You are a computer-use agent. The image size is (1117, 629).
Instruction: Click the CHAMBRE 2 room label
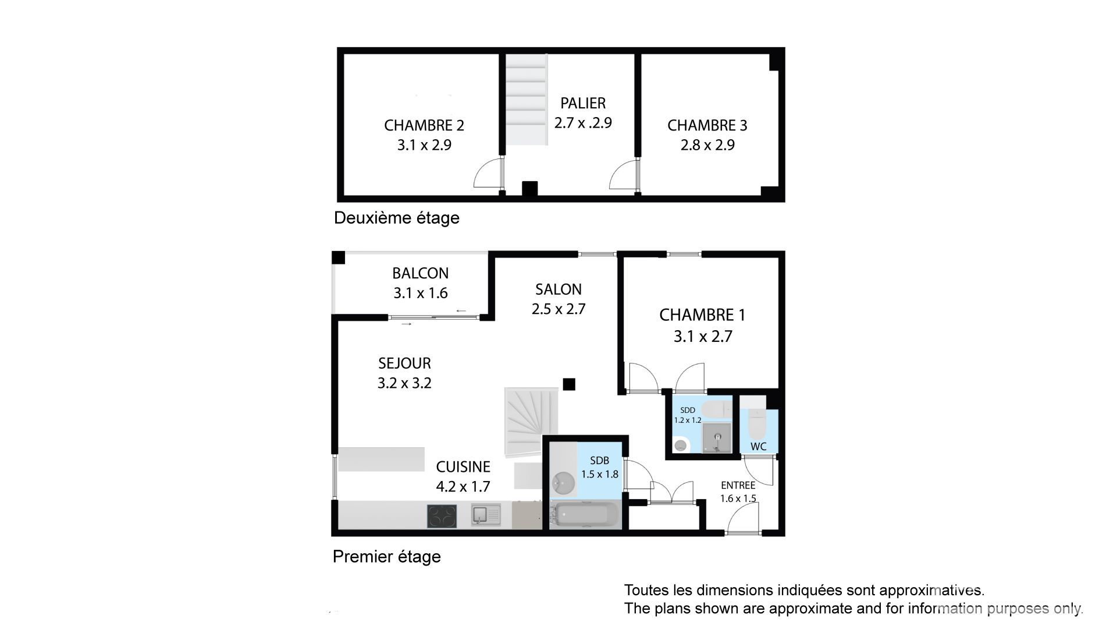(424, 125)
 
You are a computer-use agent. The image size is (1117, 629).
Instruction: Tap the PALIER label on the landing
(583, 103)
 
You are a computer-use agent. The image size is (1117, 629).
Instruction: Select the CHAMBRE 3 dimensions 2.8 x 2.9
(707, 145)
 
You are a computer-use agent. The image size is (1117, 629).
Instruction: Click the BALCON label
(420, 273)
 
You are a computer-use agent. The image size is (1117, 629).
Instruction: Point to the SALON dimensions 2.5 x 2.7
(558, 309)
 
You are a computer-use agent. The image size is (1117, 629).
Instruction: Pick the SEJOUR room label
(404, 363)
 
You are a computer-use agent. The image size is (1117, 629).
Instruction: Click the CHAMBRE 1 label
(702, 315)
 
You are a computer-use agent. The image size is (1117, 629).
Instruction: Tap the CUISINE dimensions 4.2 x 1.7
(463, 486)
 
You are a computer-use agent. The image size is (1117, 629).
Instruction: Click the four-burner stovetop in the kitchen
(442, 516)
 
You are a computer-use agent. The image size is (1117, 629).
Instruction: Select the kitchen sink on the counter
(486, 515)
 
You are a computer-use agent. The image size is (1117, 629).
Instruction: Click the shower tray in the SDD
(717, 438)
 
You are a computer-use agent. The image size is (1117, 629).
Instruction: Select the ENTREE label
(738, 485)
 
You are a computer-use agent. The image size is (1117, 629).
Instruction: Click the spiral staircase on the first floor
(531, 423)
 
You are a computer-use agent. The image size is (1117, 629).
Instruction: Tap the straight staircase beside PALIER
(526, 100)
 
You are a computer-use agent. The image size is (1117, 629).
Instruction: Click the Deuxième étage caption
(397, 218)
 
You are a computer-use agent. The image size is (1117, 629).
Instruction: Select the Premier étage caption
(387, 557)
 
